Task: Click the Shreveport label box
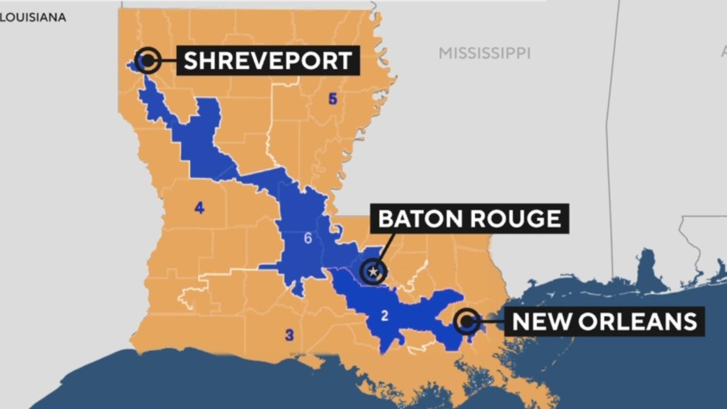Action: point(268,60)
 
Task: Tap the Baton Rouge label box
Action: point(469,218)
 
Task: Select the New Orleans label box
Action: point(604,322)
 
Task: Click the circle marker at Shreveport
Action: point(148,59)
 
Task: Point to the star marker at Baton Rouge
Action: point(373,272)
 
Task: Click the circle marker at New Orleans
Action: point(467,322)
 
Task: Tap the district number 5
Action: point(333,99)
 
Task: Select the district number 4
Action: point(199,208)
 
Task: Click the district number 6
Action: point(308,238)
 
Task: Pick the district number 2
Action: point(385,316)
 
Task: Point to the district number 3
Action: point(289,335)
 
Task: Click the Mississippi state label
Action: point(484,53)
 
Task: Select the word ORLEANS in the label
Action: point(637,322)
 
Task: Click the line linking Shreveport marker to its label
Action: point(168,60)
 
